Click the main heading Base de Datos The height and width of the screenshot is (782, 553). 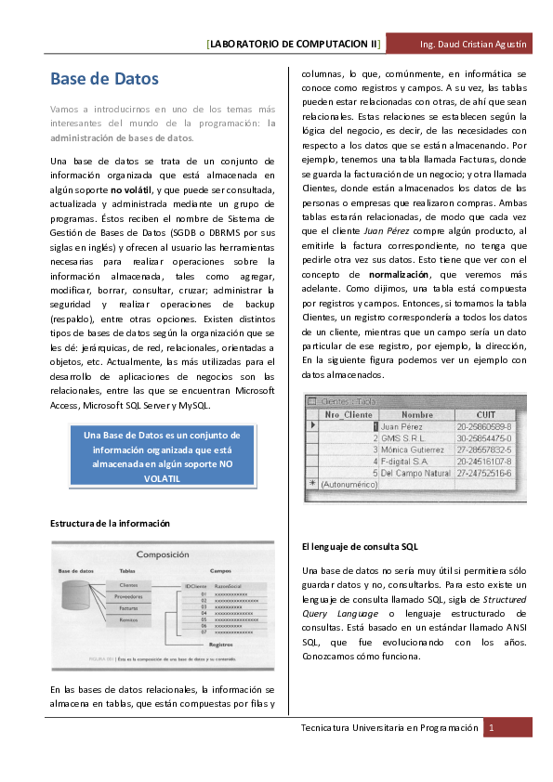104,80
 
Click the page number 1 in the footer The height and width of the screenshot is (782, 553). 492,728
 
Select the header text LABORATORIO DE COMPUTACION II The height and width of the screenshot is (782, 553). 294,44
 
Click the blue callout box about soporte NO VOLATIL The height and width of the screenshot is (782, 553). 162,456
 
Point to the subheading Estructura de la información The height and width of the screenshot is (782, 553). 110,524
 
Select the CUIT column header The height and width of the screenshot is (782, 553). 487,414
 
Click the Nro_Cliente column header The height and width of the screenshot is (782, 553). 348,414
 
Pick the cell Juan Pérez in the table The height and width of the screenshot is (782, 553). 402,426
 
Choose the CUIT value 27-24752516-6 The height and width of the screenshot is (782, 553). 484,473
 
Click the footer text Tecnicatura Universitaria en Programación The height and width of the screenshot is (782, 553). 388,728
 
